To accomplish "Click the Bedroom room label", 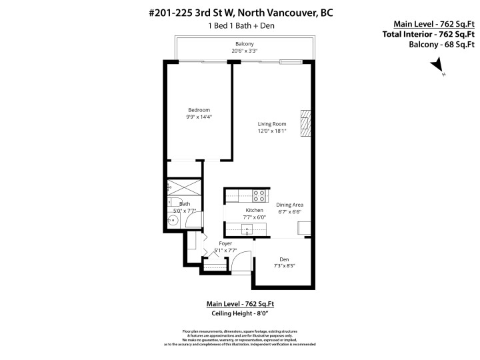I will [x=199, y=110].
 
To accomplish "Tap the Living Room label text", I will [x=272, y=123].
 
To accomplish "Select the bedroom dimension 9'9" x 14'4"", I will [x=199, y=117].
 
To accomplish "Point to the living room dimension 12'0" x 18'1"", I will [x=272, y=131].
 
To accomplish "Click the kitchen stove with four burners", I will [x=257, y=195].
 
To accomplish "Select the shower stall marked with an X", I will [x=184, y=186].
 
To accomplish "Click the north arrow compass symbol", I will [x=437, y=66].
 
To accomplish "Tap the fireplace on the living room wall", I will [x=305, y=124].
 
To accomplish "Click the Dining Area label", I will [x=290, y=205].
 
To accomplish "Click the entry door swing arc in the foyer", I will [x=243, y=258].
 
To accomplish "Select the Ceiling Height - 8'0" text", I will [x=239, y=313].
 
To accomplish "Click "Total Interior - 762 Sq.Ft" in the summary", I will [x=428, y=34].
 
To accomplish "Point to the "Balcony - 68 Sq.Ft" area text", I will [x=441, y=45].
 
